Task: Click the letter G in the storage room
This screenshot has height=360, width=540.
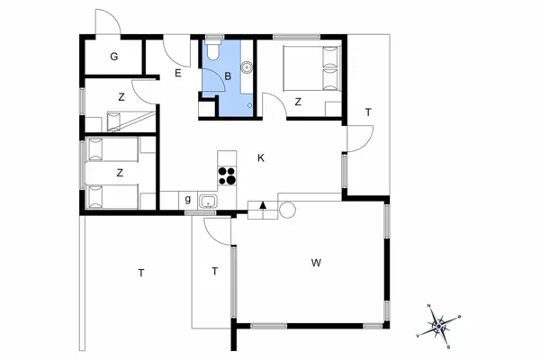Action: [x=114, y=58]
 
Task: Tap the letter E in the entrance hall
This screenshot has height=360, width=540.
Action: [x=179, y=74]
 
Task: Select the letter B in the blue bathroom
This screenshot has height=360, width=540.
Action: [x=229, y=77]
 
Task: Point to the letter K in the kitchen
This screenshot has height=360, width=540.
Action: [x=261, y=157]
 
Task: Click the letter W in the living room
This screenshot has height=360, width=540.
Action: [x=316, y=263]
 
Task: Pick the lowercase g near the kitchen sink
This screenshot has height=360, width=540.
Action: [x=188, y=199]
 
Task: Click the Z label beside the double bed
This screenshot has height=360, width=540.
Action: [x=298, y=102]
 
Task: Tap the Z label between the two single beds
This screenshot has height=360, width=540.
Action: [x=119, y=172]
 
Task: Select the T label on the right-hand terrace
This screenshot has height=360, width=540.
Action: [x=368, y=112]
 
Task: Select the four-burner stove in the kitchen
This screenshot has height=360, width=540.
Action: [x=227, y=175]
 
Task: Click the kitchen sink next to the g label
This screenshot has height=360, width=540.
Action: [x=209, y=202]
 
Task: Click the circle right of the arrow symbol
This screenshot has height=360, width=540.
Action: [x=287, y=210]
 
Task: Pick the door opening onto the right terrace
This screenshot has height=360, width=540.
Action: [x=361, y=138]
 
